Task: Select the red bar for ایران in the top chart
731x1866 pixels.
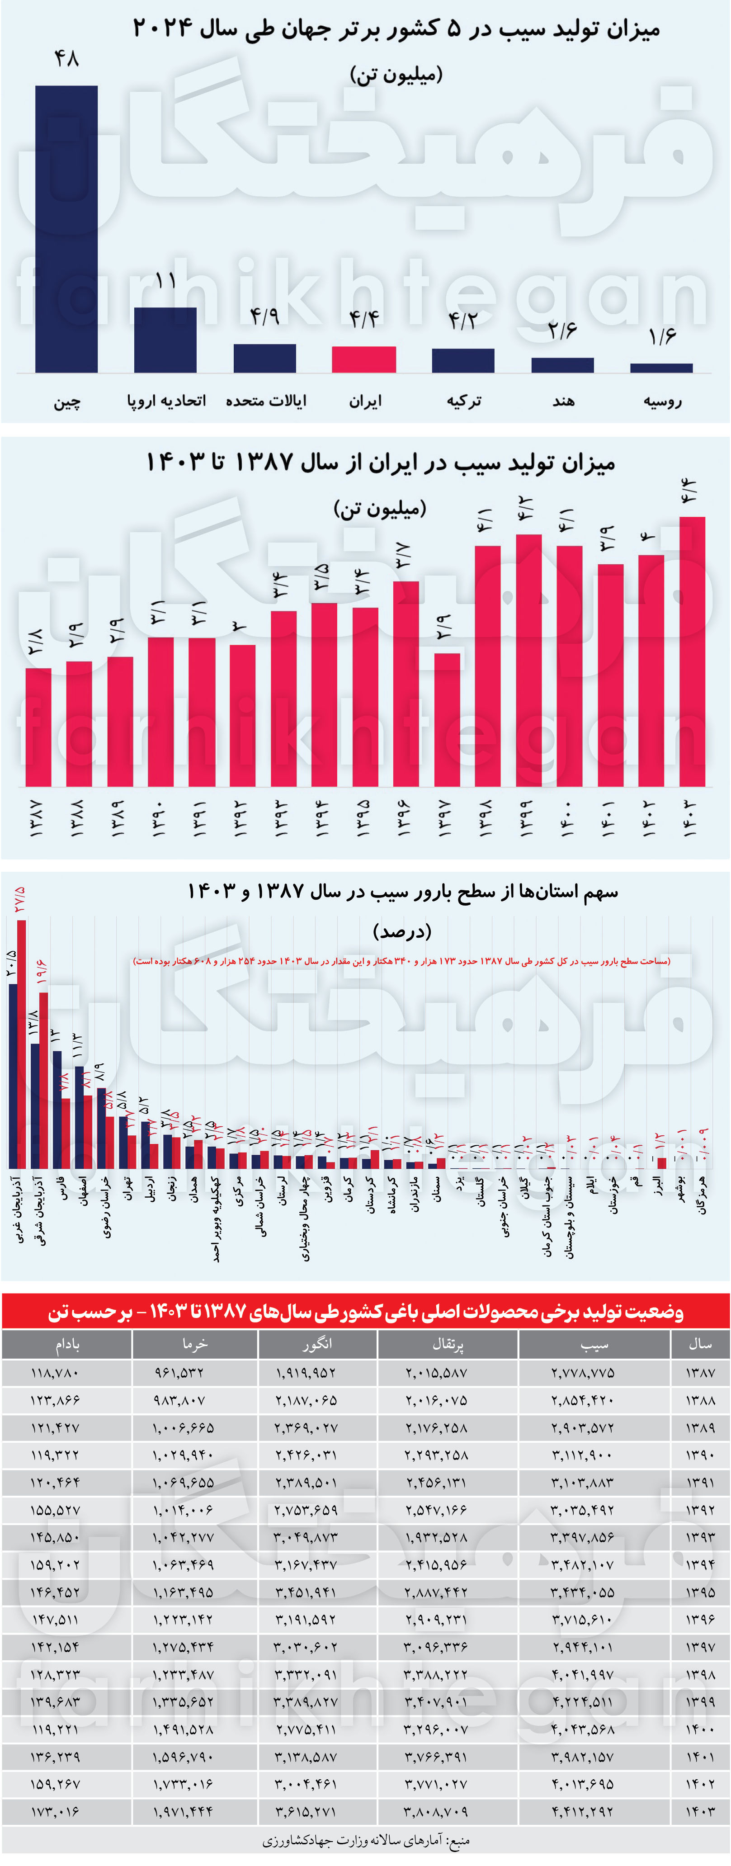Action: [x=363, y=359]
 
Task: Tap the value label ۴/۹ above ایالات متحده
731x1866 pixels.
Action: [x=264, y=317]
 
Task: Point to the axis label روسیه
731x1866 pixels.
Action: [x=662, y=401]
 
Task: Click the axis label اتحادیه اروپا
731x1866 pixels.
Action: [x=166, y=401]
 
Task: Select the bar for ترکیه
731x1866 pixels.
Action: [x=463, y=361]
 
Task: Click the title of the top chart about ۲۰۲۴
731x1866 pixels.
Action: [x=396, y=29]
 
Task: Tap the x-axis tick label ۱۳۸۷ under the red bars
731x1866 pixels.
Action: [x=36, y=818]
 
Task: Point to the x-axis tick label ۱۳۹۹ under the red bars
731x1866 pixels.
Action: [x=527, y=818]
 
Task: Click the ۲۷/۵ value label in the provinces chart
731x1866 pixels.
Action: [x=19, y=900]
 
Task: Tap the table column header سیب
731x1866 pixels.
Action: [x=594, y=1345]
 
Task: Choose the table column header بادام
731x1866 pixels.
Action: [x=67, y=1345]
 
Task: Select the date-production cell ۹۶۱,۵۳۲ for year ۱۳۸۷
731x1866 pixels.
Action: [x=179, y=1373]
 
